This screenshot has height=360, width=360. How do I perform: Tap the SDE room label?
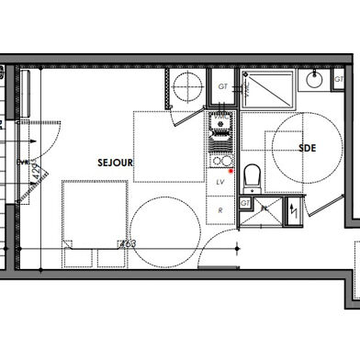[307, 147]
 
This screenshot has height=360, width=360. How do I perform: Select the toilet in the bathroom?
[253, 174]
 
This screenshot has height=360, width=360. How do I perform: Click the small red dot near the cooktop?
[231, 171]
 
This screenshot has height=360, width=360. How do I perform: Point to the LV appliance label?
[220, 183]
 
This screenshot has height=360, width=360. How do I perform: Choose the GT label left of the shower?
[222, 86]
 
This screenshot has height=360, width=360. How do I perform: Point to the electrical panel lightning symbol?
[293, 210]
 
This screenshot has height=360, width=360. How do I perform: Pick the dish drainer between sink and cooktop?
[220, 141]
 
